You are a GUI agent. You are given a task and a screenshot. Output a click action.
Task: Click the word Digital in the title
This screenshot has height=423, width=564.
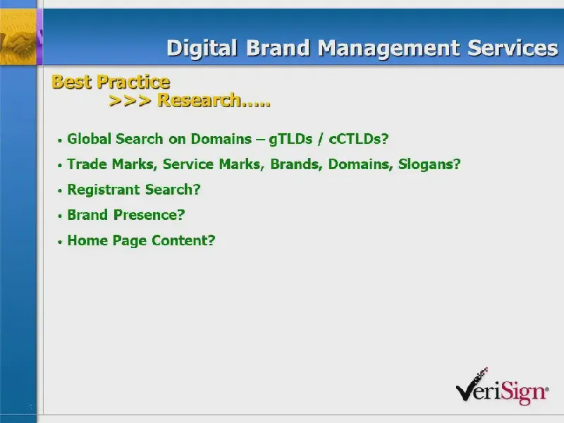[x=202, y=48]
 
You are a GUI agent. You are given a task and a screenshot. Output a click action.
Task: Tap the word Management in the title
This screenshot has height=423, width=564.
[x=388, y=49]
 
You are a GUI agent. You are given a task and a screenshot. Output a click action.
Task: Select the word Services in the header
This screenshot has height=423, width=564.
[x=513, y=48]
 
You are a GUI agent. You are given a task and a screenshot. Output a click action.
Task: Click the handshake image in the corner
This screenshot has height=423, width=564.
[x=18, y=37]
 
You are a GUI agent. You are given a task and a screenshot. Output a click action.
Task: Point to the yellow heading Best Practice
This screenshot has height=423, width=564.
[x=111, y=82]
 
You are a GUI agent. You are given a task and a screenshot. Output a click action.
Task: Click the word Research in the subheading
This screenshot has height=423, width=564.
[x=200, y=100]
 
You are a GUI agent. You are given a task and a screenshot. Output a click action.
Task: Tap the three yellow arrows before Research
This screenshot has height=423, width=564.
[x=130, y=101]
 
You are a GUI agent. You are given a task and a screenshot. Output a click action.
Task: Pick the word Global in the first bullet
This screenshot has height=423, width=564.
[x=90, y=139]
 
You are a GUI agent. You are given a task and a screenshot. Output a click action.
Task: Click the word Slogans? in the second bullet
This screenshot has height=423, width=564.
[x=429, y=164]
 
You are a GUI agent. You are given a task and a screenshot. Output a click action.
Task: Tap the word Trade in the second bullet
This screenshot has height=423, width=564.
[x=87, y=164]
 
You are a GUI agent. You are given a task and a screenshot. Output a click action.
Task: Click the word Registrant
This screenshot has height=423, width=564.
[x=103, y=190]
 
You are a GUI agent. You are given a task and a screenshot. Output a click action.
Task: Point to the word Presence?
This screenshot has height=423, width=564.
[x=149, y=215]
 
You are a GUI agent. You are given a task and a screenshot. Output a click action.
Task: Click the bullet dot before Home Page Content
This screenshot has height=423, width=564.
[x=60, y=242]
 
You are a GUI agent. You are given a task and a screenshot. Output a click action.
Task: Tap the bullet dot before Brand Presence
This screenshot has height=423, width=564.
[x=60, y=216]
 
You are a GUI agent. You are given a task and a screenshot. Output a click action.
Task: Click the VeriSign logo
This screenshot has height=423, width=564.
[x=502, y=386]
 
